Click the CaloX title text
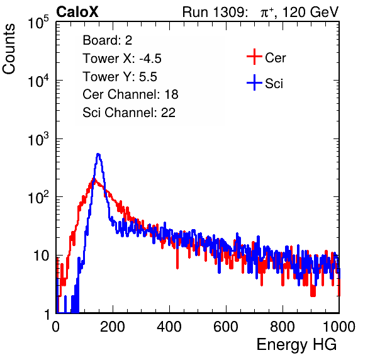tap(77, 12)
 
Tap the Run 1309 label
tap(215, 12)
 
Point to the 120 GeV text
tap(310, 12)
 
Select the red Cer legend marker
tap(254, 57)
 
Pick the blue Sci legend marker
tap(254, 82)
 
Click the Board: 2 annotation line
tap(108, 40)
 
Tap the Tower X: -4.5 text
tap(122, 59)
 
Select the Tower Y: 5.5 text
tap(120, 77)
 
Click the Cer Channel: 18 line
tap(130, 94)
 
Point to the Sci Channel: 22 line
tap(129, 113)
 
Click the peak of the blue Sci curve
tap(98, 154)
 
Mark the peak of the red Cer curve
tap(94, 179)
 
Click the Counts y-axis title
tap(9, 49)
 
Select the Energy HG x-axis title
tap(296, 344)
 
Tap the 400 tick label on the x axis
tap(169, 327)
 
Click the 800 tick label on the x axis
tap(283, 327)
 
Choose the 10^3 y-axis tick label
tap(38, 140)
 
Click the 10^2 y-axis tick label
tap(38, 198)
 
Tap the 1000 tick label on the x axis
tap(339, 327)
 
